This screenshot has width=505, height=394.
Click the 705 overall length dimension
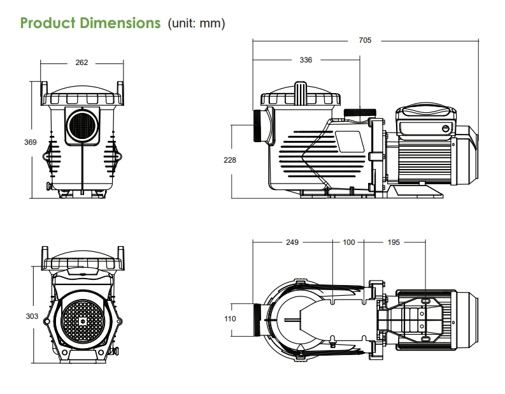tap(365, 40)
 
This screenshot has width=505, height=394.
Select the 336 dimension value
tap(306, 60)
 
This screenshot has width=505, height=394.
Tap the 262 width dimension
tap(82, 62)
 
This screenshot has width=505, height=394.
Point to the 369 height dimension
tap(31, 142)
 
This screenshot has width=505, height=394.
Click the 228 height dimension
tap(230, 160)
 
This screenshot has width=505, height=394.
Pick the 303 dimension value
tap(32, 316)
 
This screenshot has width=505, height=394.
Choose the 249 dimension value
tap(292, 242)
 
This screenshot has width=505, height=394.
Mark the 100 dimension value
tap(349, 242)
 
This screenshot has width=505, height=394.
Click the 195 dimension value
tap(394, 242)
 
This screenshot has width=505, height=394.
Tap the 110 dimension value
tap(230, 319)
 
